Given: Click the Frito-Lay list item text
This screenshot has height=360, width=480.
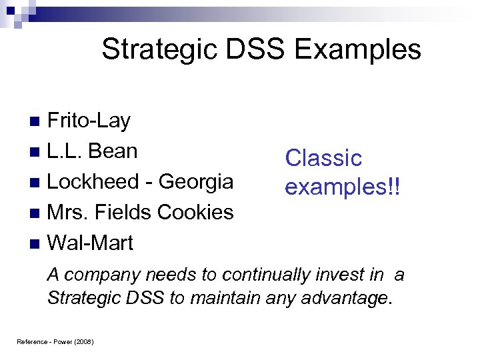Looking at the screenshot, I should tap(89, 121).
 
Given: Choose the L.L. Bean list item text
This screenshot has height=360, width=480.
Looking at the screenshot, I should tap(92, 151).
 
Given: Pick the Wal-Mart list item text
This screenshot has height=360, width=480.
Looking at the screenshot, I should tap(90, 242).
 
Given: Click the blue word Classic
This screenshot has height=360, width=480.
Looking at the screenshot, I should tap(323, 158).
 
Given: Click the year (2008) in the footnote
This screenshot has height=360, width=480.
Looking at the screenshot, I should tap(83, 342).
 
